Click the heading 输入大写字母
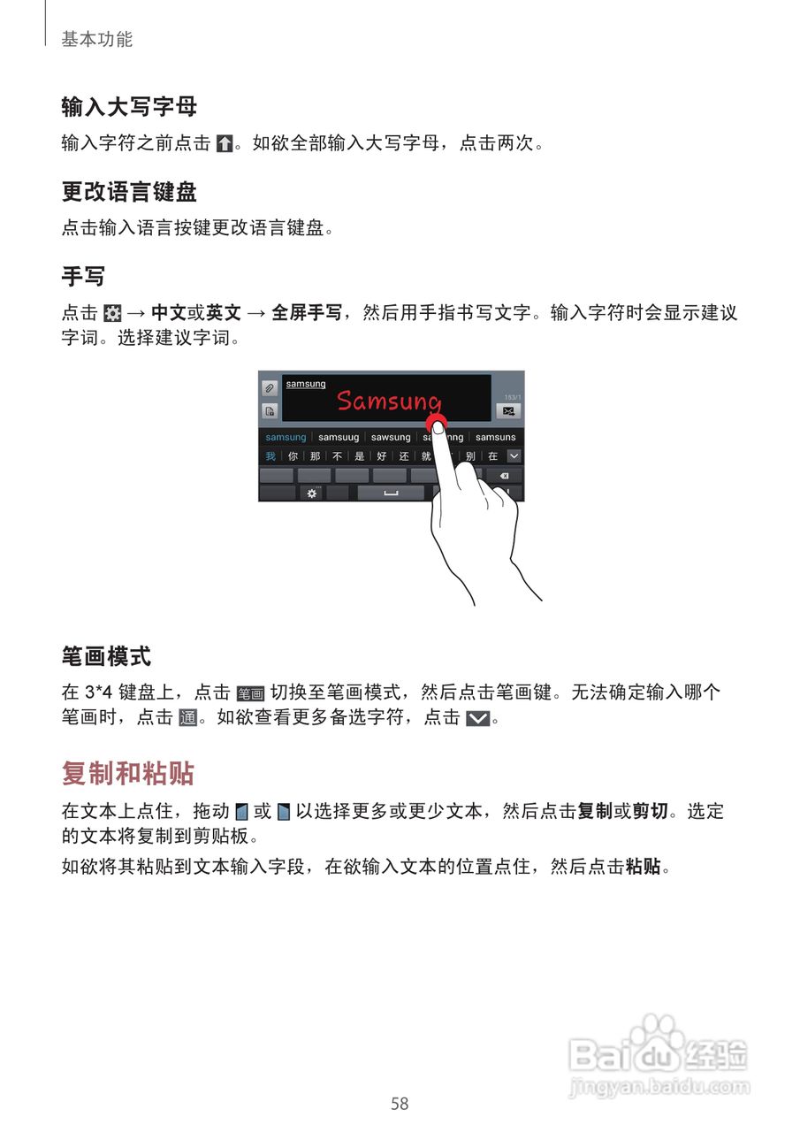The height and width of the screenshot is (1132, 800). point(129,107)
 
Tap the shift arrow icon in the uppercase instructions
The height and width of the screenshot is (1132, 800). point(225,143)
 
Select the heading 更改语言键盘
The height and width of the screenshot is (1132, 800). point(129,192)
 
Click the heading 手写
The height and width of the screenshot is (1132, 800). point(83,277)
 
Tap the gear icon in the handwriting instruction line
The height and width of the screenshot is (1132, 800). point(112,313)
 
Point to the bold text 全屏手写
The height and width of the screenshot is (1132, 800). point(307,312)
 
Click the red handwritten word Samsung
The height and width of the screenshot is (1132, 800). point(389,401)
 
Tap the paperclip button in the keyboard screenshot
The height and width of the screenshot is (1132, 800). point(270,388)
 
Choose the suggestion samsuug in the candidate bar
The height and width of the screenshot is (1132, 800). point(339,437)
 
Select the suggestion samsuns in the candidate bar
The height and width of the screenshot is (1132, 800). point(495,437)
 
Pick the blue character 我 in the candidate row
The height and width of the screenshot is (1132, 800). point(270,456)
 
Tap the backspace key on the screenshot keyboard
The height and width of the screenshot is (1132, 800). point(504,476)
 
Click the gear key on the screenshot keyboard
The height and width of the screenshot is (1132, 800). point(311,493)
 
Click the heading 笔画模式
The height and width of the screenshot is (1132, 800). point(106,656)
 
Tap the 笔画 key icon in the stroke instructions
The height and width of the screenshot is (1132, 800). point(251,693)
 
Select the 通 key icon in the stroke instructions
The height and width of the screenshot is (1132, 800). point(187,718)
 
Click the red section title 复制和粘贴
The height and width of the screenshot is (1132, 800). point(128,773)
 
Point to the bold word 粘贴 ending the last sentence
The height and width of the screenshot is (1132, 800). point(643,867)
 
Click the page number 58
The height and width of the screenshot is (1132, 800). point(400,1104)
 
